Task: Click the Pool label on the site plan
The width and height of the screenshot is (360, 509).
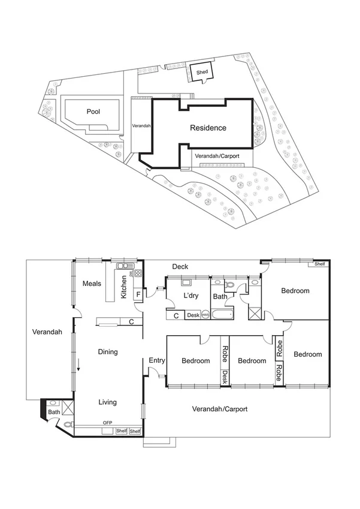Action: point(93,112)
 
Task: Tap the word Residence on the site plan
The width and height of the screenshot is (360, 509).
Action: point(208,128)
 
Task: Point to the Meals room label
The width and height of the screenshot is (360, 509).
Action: point(92,284)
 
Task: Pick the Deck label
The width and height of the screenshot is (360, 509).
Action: point(180,267)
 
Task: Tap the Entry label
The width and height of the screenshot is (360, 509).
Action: point(157,360)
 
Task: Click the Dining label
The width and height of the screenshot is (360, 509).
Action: point(108,352)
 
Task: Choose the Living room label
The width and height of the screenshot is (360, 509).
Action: point(108,402)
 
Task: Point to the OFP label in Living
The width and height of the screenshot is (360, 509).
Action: point(108,423)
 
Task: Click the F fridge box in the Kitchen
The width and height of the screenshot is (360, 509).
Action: point(138,294)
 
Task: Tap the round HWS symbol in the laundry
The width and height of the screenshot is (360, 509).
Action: point(205,315)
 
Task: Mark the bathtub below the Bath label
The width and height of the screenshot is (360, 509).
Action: point(225,314)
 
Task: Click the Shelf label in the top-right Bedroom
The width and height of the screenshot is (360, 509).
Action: point(320,264)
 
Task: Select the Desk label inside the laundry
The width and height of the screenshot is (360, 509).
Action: point(192,315)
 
